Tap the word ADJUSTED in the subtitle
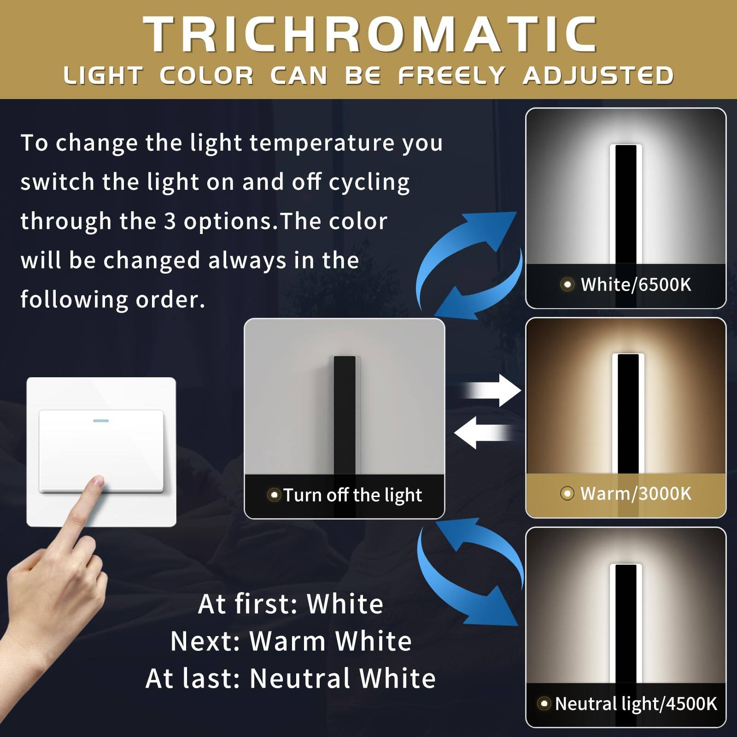pos(598,76)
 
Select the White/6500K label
pos(636,285)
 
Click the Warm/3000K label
pos(636,493)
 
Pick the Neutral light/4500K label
pos(636,703)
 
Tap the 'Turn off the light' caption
pos(352,495)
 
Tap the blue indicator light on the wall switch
pos(101,421)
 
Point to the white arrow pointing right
pos(493,391)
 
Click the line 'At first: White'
pos(290,604)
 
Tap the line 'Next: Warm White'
pos(291,641)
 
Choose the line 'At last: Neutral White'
pos(291,679)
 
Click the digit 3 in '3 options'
pos(170,222)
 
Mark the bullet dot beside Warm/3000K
pos(567,493)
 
